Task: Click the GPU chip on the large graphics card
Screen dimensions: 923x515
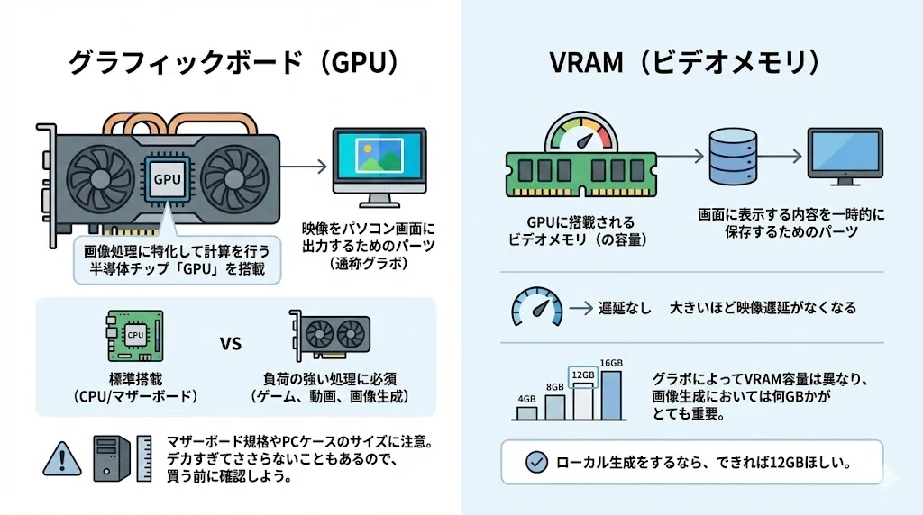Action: (x=167, y=179)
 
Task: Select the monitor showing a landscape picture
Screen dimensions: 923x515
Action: (x=379, y=167)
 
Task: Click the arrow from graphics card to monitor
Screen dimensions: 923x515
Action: (x=303, y=167)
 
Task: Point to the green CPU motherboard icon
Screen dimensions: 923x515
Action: (x=135, y=336)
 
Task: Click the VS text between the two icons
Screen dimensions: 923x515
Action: (x=231, y=343)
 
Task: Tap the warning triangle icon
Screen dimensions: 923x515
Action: (x=62, y=458)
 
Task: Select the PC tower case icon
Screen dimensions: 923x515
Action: (x=111, y=458)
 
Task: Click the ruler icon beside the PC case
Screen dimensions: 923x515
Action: (x=144, y=458)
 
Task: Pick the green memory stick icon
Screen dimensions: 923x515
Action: (x=581, y=175)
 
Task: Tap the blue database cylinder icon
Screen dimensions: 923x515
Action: (x=733, y=157)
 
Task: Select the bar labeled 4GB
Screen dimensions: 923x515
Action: (x=526, y=412)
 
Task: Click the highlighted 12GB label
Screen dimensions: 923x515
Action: (x=583, y=375)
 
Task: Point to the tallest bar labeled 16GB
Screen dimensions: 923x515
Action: (x=611, y=395)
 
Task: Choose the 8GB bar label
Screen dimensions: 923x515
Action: (x=555, y=387)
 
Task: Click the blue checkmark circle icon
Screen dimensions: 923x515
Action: (x=536, y=462)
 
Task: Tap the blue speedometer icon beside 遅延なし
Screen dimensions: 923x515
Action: (x=536, y=306)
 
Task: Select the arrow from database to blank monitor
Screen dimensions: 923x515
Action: (x=780, y=157)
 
